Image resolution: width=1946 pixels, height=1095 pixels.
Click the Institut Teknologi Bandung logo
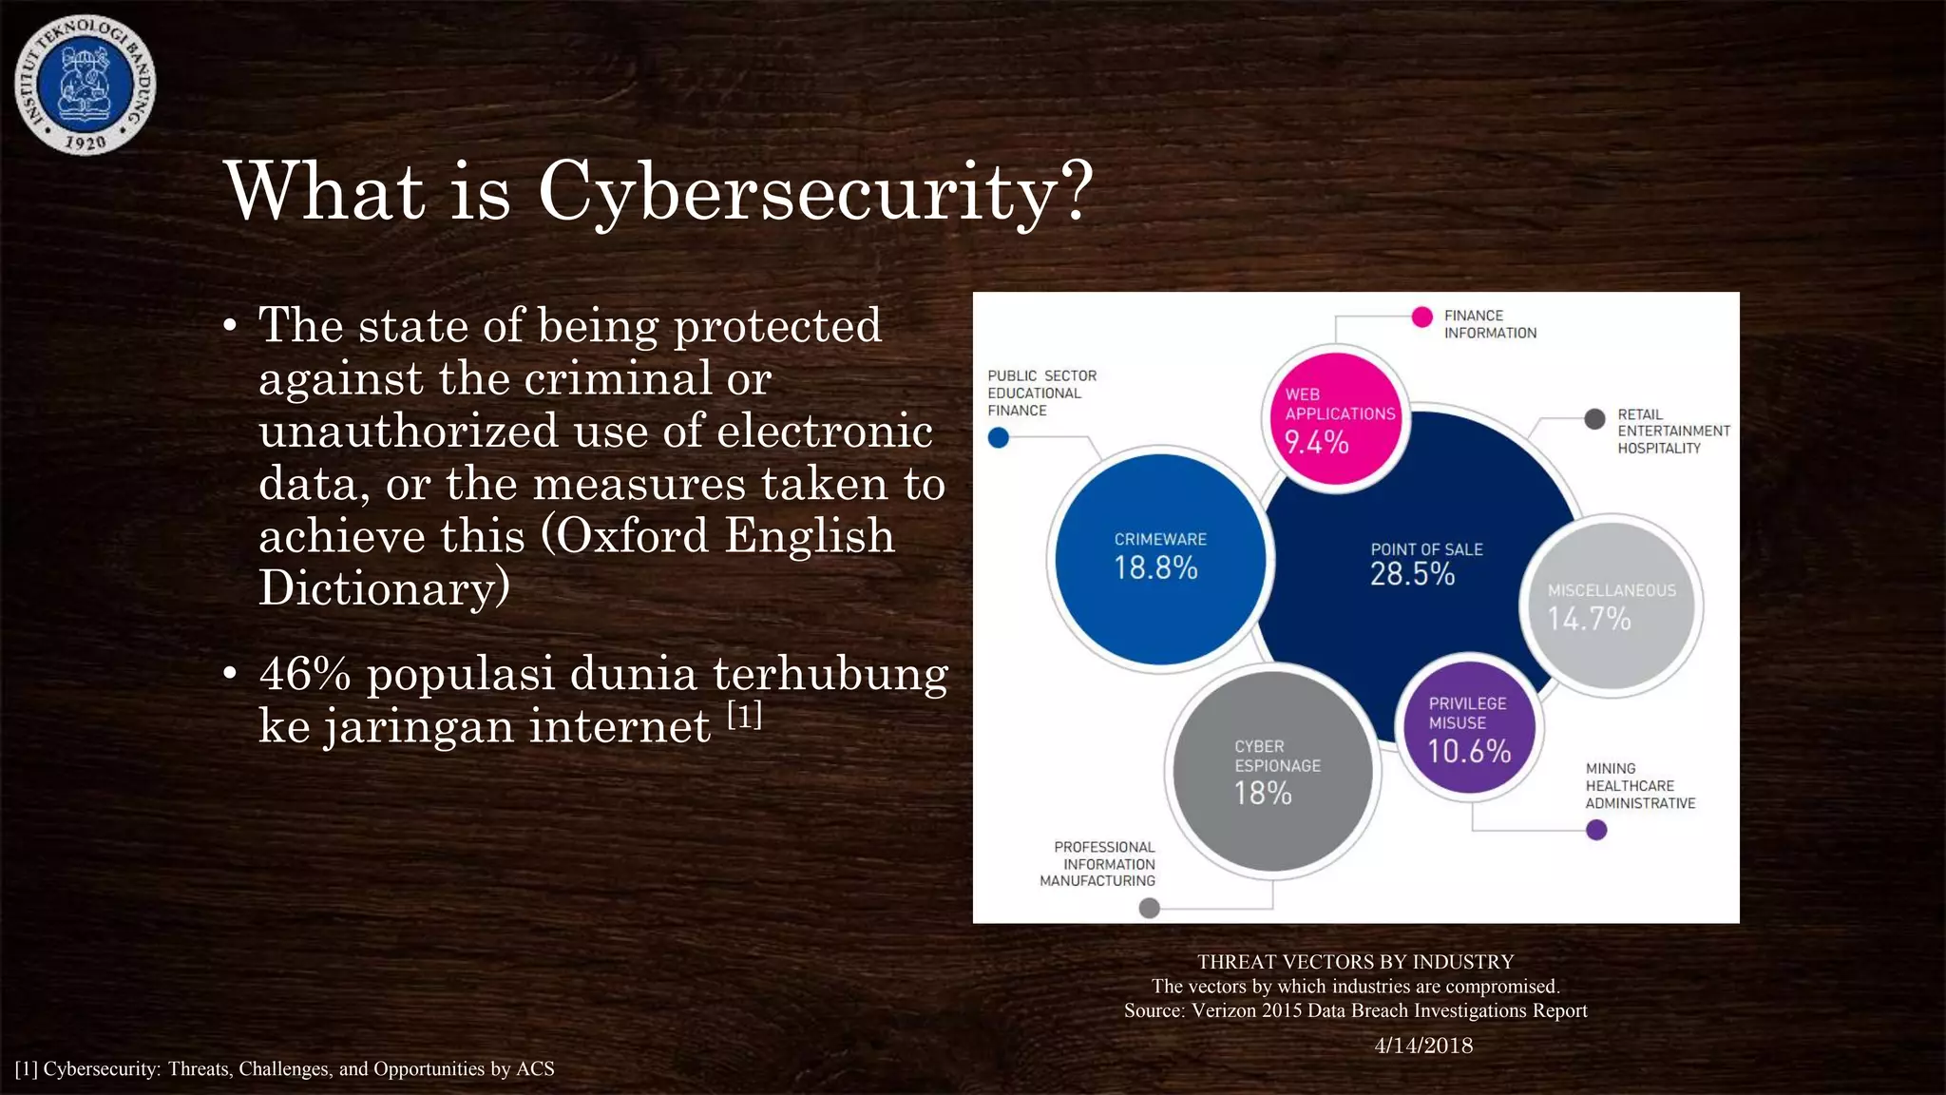pos(86,86)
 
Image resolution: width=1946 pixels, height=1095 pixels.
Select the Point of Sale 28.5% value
pos(1412,574)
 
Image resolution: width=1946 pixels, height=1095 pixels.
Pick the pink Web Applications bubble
pos(1337,419)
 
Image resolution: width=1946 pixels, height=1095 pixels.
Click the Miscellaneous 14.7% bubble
pos(1611,606)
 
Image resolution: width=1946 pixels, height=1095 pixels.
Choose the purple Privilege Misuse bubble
pos(1469,728)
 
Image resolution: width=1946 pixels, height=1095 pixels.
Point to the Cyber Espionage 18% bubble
pos(1272,771)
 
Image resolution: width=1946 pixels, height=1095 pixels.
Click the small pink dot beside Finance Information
pos(1421,317)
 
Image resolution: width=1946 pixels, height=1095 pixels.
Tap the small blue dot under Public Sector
pos(998,438)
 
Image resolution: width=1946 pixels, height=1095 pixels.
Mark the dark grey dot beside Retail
pos(1595,419)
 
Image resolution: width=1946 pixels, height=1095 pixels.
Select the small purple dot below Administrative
pos(1596,830)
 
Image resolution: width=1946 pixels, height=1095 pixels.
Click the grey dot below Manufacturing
pos(1149,908)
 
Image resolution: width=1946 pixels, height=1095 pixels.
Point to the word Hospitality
pos(1659,449)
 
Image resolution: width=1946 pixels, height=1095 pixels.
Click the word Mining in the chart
pos(1611,768)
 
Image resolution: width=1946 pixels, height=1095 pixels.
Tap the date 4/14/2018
pos(1422,1046)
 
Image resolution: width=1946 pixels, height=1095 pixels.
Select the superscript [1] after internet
pos(745,715)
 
